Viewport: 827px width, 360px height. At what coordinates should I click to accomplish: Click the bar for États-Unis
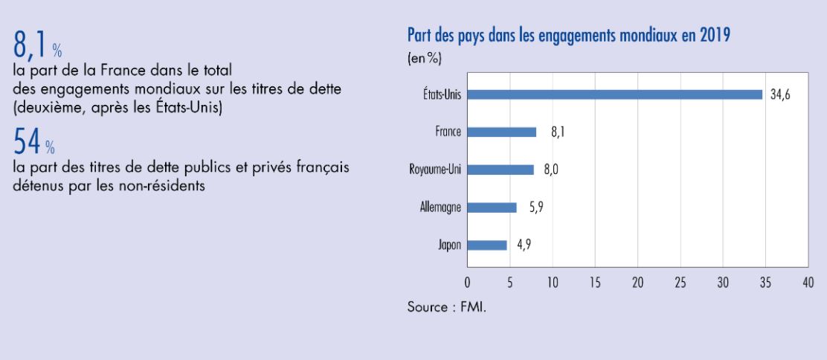(614, 94)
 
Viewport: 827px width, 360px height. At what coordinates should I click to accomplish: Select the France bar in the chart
(501, 132)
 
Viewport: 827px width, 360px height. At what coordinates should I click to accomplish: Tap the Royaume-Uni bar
(501, 170)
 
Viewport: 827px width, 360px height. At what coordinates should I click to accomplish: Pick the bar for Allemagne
(492, 208)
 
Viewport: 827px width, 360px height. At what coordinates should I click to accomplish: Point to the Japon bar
(487, 245)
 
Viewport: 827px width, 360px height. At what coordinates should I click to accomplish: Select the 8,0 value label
(550, 170)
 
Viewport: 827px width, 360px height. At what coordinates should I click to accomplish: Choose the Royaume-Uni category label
(435, 170)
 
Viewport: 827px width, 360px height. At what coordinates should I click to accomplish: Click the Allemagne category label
(440, 208)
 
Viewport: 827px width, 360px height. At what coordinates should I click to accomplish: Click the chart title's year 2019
(716, 35)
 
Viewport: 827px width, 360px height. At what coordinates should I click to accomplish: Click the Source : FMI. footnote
(446, 306)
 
